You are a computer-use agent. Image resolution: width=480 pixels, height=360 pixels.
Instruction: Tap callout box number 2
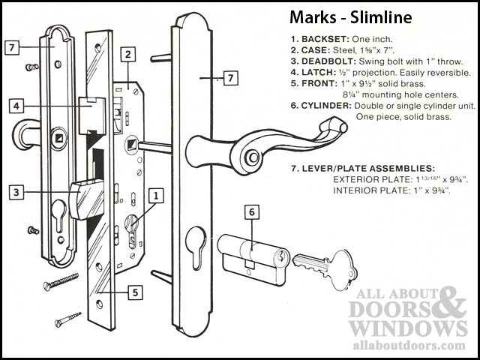(128, 54)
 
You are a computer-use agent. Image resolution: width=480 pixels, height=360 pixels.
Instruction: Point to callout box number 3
(15, 192)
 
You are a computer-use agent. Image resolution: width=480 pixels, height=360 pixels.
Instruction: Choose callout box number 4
(15, 106)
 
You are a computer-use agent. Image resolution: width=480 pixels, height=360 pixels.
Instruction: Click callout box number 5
(133, 292)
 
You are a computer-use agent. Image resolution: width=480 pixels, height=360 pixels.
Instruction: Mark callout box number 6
(253, 213)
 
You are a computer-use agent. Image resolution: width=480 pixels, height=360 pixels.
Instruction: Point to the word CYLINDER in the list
(328, 106)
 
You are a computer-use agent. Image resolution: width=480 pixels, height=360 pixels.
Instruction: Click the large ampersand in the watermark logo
(453, 305)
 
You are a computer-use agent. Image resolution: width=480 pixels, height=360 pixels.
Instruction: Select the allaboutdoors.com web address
(408, 345)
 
